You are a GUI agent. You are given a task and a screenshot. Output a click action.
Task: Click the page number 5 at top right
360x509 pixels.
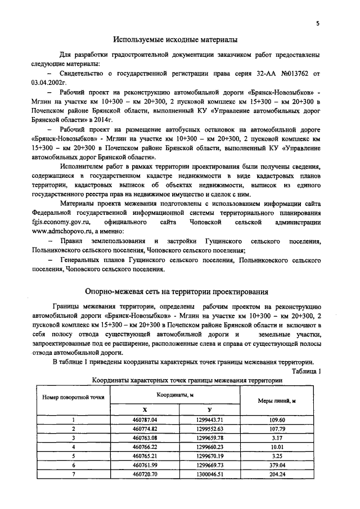pyautogui.click(x=318, y=24)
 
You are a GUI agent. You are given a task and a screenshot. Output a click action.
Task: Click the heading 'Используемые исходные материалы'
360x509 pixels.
pyautogui.click(x=175, y=39)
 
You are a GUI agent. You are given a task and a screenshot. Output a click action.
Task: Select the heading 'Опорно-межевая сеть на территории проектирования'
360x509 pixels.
pyautogui.click(x=176, y=292)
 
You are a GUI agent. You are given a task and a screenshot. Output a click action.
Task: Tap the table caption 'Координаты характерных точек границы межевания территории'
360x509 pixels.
pyautogui.click(x=187, y=380)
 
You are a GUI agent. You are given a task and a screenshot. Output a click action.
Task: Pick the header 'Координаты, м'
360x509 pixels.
pyautogui.click(x=175, y=395)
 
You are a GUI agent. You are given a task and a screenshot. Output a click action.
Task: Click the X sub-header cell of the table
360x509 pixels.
pyautogui.click(x=145, y=409)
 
